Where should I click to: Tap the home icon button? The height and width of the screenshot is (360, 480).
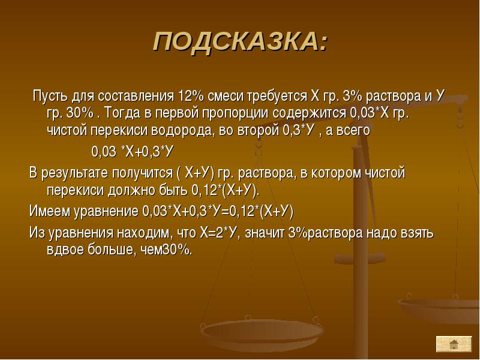454,344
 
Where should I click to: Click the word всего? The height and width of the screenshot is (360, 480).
353,131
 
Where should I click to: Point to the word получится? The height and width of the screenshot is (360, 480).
142,173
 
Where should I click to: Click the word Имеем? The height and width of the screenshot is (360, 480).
49,211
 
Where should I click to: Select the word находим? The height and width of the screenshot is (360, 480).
143,233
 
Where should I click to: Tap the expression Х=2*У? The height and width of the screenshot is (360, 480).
220,233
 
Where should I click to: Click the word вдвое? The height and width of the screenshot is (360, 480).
65,250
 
